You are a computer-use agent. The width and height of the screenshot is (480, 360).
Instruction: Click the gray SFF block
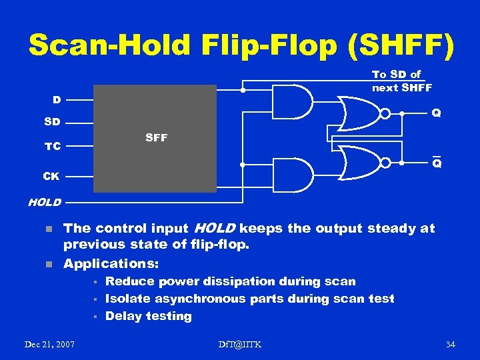click(155, 138)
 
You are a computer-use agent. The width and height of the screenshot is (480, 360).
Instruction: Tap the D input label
click(57, 100)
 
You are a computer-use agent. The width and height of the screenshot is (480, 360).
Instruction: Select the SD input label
click(52, 123)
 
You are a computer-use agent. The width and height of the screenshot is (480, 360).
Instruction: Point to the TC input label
click(52, 146)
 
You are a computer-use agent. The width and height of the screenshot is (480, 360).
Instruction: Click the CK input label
click(52, 177)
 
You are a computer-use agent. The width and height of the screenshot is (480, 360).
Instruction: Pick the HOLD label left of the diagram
click(44, 201)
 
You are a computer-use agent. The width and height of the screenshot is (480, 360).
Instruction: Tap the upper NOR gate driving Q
click(360, 113)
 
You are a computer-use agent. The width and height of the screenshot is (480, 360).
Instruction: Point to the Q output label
click(436, 113)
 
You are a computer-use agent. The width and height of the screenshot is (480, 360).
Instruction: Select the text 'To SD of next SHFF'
click(402, 81)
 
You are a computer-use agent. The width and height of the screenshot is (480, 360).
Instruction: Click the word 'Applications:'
click(111, 263)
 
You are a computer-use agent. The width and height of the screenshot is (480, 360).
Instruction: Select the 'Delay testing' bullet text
click(149, 317)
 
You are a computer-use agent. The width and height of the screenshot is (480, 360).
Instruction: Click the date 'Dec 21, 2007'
click(49, 344)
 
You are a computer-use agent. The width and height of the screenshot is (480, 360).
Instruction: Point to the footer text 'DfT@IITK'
click(240, 344)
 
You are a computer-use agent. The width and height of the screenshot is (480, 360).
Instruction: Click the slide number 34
click(450, 344)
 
